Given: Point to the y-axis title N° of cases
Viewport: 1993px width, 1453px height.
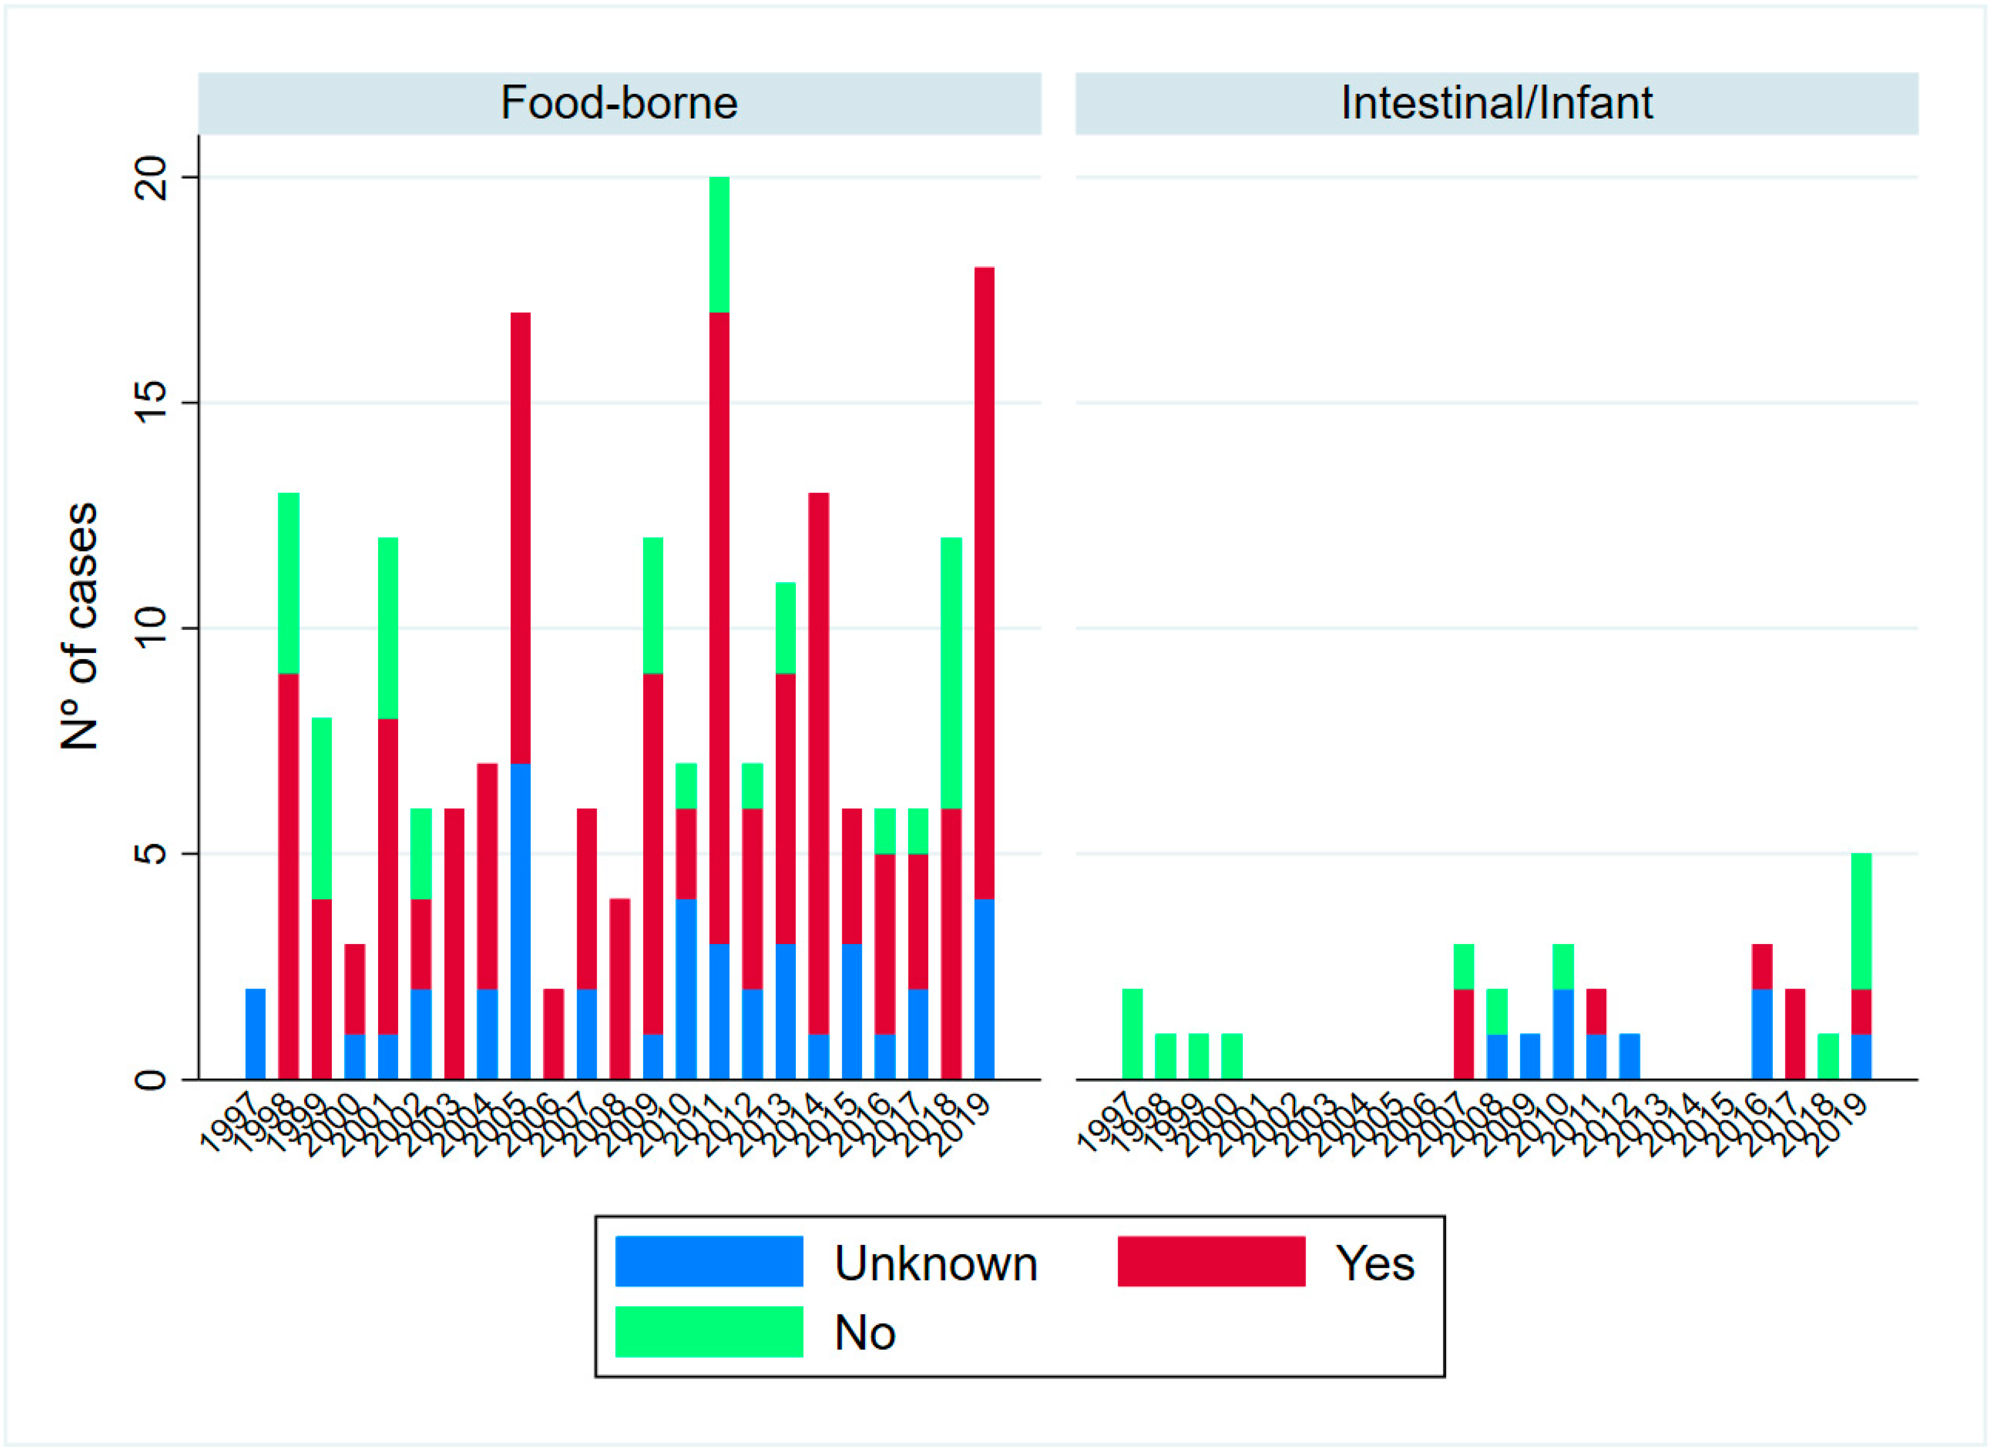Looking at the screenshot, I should click(x=79, y=626).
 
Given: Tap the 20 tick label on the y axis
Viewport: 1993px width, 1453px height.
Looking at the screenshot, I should click(x=151, y=178).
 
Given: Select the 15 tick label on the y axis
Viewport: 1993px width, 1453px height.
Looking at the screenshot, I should click(x=151, y=403).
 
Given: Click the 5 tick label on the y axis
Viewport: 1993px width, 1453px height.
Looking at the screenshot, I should click(x=151, y=853).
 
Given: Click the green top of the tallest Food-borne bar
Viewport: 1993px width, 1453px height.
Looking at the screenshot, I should click(x=719, y=245).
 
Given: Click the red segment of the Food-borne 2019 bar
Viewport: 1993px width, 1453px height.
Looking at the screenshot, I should click(x=984, y=582).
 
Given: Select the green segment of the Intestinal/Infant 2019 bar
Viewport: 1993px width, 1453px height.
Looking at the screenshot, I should click(x=1861, y=921).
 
